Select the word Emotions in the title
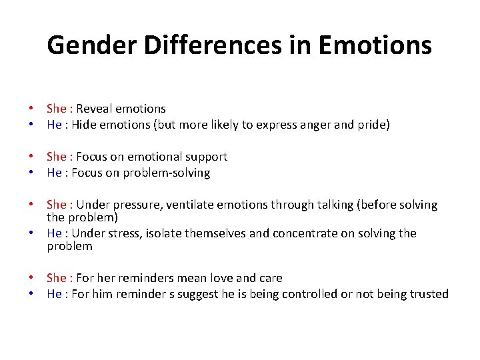point(375,45)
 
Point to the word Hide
point(83,125)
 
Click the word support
point(205,157)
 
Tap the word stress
point(123,233)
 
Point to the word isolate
point(163,233)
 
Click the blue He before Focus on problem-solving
point(54,173)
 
